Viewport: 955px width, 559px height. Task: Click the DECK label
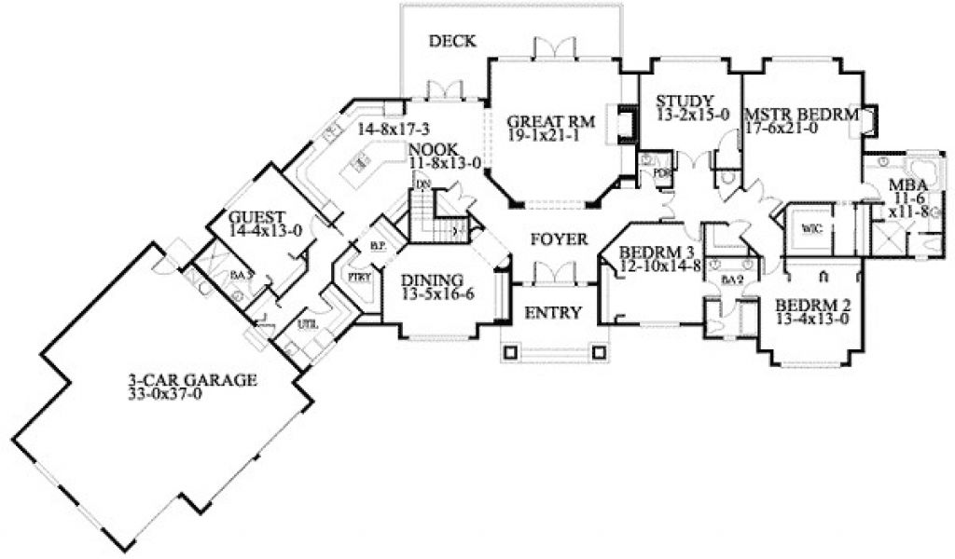coord(452,41)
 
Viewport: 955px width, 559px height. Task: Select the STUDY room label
coord(685,102)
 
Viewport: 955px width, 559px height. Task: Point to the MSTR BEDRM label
coord(801,116)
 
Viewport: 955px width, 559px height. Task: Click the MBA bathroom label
coord(901,184)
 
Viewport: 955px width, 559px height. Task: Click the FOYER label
coord(559,239)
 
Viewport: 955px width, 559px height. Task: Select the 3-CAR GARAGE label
coord(192,380)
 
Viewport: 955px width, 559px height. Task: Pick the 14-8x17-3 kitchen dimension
coord(393,128)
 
